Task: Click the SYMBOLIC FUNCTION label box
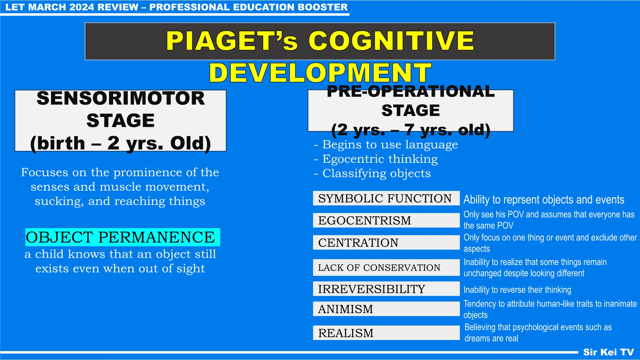tap(386, 198)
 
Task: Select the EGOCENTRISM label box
tap(386, 221)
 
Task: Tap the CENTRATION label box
tap(386, 242)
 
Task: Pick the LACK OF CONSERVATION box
tap(386, 267)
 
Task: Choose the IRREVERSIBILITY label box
tap(386, 289)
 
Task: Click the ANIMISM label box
tap(386, 309)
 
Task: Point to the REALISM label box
tap(386, 333)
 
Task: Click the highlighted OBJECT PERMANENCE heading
tap(122, 237)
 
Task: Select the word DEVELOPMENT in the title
tap(320, 73)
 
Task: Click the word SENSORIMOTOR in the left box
tap(121, 98)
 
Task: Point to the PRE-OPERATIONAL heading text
tap(411, 92)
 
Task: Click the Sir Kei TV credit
tap(608, 352)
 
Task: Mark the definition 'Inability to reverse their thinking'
tap(517, 290)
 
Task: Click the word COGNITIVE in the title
tap(391, 41)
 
